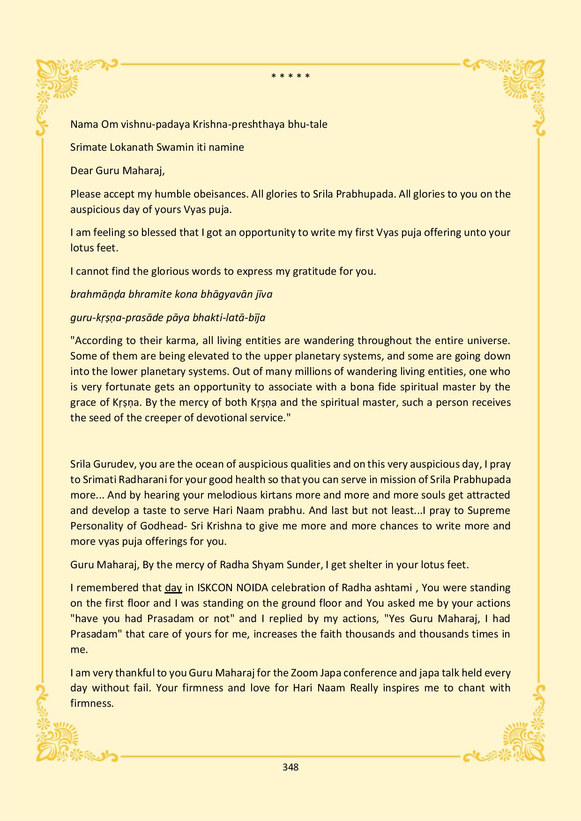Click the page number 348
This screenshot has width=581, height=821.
pos(290,767)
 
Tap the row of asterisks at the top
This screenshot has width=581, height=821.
pos(290,76)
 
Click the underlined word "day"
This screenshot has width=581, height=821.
pos(173,587)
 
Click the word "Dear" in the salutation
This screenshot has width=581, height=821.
pos(82,170)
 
